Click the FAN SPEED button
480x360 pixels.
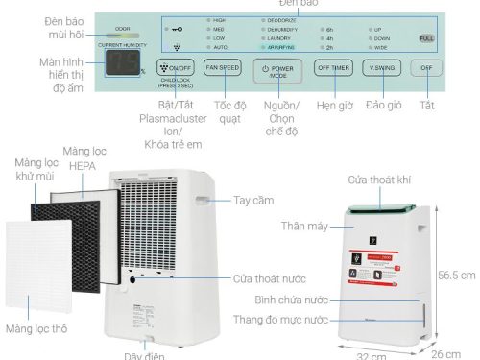pyautogui.click(x=223, y=69)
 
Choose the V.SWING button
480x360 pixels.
pyautogui.click(x=383, y=68)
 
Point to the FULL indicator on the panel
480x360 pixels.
pyautogui.click(x=426, y=37)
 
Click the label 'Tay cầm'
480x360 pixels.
pyautogui.click(x=252, y=201)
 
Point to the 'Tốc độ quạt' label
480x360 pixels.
pyautogui.click(x=223, y=111)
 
